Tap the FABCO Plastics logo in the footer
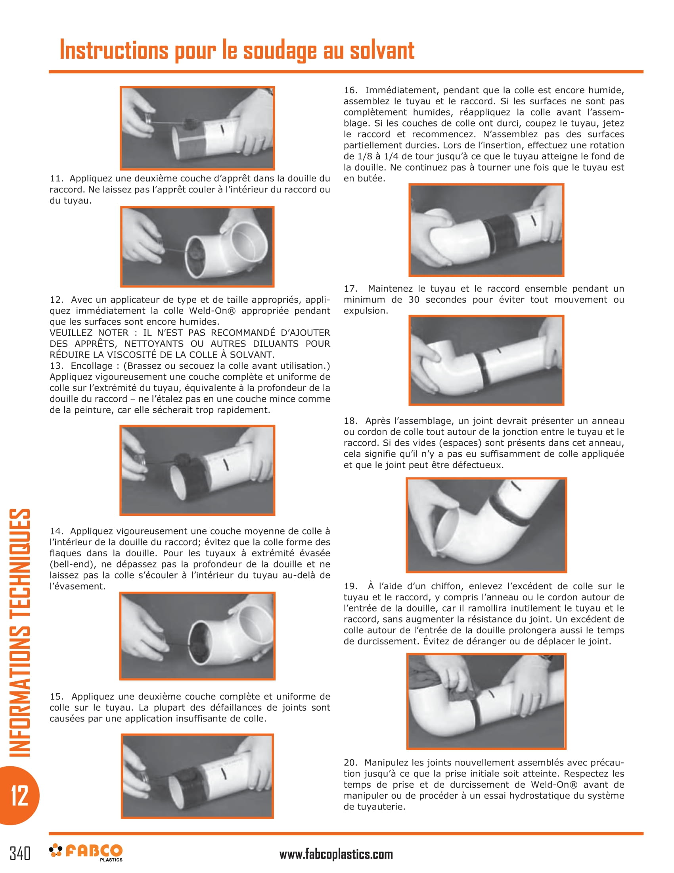pos(86,852)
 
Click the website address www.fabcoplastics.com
pos(336,854)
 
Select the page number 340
pos(20,854)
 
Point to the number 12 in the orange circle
pos(19,796)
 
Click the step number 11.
pos(56,179)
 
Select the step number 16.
pos(350,90)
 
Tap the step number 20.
pos(350,763)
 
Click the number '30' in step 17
pos(414,300)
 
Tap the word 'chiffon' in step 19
pos(441,586)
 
